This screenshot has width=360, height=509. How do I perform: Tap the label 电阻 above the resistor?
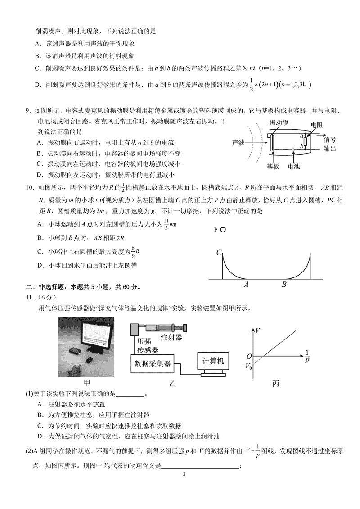pyautogui.click(x=316, y=125)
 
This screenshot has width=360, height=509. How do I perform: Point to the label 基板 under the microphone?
pyautogui.click(x=273, y=166)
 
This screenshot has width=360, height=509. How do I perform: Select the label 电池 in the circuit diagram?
pyautogui.click(x=293, y=166)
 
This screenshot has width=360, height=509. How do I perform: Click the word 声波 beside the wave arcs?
pyautogui.click(x=238, y=143)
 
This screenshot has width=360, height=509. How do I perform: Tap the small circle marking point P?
pyautogui.click(x=223, y=229)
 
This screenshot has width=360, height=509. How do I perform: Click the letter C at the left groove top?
pyautogui.click(x=219, y=252)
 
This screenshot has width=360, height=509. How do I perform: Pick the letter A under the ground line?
pyautogui.click(x=246, y=285)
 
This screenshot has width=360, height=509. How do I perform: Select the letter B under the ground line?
pyautogui.click(x=284, y=285)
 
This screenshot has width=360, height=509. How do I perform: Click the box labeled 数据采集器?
pyautogui.click(x=153, y=364)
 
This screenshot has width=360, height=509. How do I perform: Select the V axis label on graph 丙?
pyautogui.click(x=258, y=331)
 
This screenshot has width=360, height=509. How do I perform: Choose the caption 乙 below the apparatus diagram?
pyautogui.click(x=171, y=383)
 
